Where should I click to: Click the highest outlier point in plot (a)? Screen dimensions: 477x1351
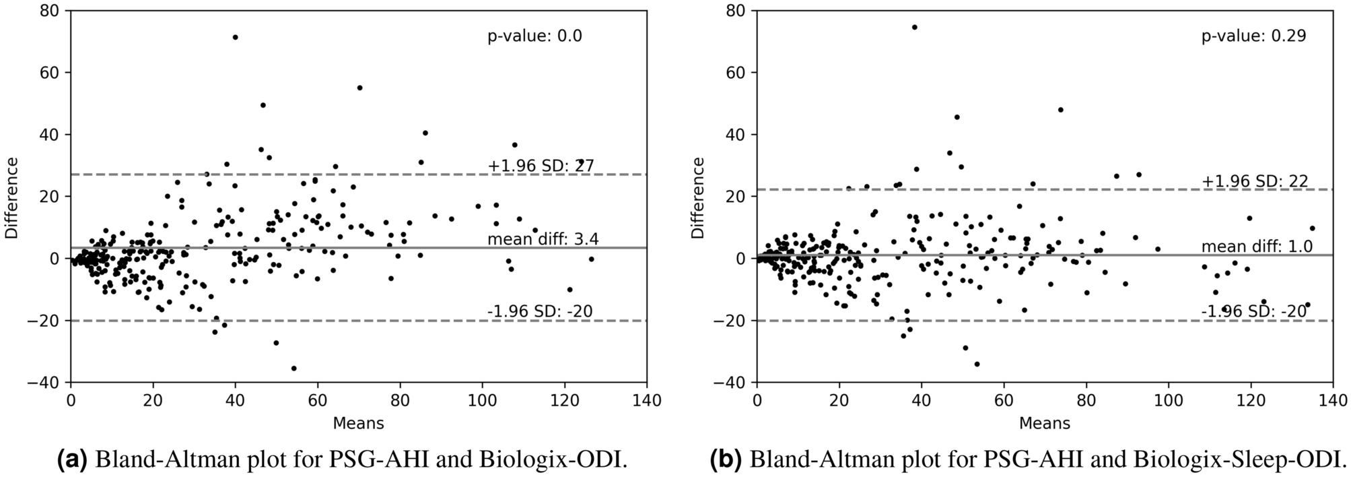pos(235,37)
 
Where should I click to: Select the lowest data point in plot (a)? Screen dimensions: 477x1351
pos(293,369)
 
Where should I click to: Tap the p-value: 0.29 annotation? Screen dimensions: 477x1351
pos(1253,36)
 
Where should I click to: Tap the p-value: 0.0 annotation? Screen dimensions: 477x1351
pos(534,36)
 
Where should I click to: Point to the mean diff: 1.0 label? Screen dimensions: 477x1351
pos(1257,247)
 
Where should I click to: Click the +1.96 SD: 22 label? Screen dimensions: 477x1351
pos(1254,181)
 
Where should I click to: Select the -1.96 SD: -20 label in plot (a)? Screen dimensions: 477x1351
pos(540,311)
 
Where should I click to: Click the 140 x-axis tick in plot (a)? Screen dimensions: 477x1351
pos(647,401)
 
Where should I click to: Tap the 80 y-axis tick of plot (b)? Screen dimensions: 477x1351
pos(734,11)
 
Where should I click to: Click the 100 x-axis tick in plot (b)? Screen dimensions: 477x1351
pos(1168,401)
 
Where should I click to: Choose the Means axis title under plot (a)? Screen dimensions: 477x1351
pos(358,423)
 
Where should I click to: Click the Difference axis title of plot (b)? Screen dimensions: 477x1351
pos(698,197)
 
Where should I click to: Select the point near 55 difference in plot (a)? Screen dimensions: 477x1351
pos(359,88)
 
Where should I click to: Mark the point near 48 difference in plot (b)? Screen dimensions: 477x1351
pos(1060,110)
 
